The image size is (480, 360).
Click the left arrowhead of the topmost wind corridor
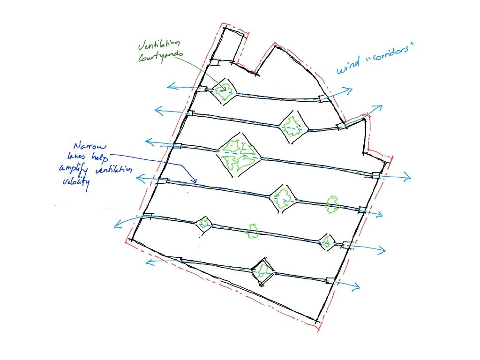coord(170,86)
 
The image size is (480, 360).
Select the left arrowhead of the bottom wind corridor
coord(149,262)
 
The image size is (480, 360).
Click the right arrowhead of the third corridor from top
coord(409,177)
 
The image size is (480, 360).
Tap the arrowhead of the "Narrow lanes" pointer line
coord(195,182)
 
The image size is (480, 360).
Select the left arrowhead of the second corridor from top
coord(157,111)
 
